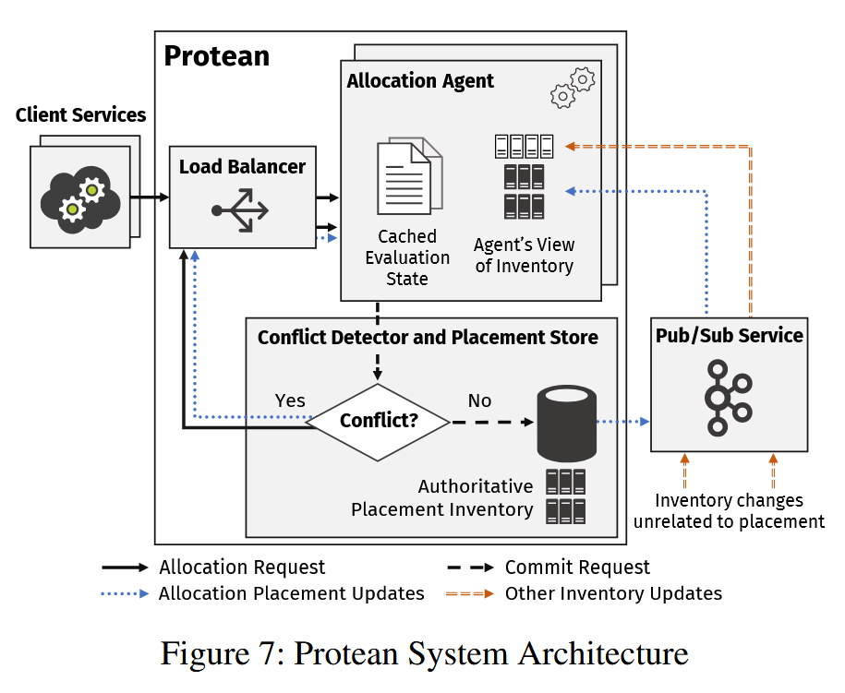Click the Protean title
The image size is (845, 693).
pos(217,56)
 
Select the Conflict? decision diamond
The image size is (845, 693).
pos(379,422)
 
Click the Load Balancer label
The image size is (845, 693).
pos(242,167)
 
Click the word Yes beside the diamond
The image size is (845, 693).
pos(290,401)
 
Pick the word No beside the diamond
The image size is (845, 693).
pos(479,401)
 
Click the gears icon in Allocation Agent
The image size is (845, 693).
pos(573,88)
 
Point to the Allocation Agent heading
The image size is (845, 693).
pos(420,81)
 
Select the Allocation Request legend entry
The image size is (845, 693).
pos(242,568)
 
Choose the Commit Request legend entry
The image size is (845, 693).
pos(577,568)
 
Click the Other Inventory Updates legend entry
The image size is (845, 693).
pos(613,593)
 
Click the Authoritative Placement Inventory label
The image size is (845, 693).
pos(443,497)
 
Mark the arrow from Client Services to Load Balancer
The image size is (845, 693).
pos(150,197)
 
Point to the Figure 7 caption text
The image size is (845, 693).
pos(424,653)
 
